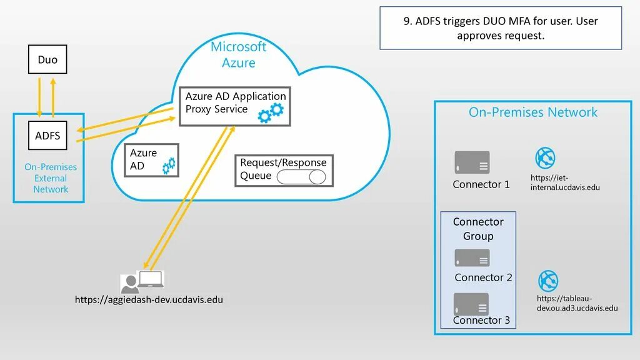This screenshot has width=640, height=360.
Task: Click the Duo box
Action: [x=47, y=60]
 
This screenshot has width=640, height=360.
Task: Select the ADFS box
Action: [x=47, y=136]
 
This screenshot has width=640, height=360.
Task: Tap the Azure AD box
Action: [x=152, y=160]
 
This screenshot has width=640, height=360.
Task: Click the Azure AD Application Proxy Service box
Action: [x=235, y=106]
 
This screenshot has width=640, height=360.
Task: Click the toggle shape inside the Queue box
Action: [x=301, y=177]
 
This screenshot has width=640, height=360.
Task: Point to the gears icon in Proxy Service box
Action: [x=272, y=112]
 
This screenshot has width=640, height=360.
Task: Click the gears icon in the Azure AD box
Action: [x=169, y=166]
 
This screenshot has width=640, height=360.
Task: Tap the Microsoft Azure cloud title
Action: [x=238, y=55]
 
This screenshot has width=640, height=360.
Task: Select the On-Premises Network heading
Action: [x=533, y=112]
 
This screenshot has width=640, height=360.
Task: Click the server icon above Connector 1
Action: [x=472, y=162]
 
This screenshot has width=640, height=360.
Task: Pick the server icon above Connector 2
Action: [x=472, y=258]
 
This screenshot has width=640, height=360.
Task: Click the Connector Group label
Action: [x=478, y=229]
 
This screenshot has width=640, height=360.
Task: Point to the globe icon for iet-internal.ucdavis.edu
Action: [x=545, y=158]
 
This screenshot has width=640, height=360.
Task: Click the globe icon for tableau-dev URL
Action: [x=548, y=281]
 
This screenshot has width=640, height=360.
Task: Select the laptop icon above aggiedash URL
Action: [x=151, y=279]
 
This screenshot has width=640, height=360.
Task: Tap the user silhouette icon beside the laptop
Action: [x=130, y=284]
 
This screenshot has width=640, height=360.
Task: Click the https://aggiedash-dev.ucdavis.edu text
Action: [x=149, y=300]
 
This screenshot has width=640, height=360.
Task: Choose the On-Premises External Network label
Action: [x=51, y=178]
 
